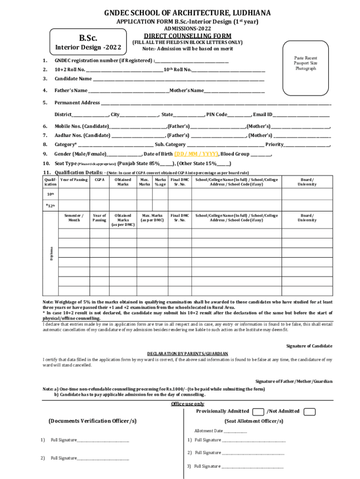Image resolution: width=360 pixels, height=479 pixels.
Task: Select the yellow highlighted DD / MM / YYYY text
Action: point(196,154)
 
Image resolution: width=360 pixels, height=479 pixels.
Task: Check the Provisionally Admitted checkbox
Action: point(258,412)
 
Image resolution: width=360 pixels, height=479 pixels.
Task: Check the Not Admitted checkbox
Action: point(309,412)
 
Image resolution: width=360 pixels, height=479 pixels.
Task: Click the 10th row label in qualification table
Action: point(50,194)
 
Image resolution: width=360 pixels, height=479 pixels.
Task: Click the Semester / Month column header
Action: point(74,218)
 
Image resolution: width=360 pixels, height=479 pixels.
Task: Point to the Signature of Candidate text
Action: point(309,346)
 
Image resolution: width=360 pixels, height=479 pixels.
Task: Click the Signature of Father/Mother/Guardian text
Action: point(294,382)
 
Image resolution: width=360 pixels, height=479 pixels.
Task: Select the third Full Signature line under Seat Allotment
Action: point(252,467)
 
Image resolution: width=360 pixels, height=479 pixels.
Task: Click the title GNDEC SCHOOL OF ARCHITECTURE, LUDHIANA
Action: point(180,13)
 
